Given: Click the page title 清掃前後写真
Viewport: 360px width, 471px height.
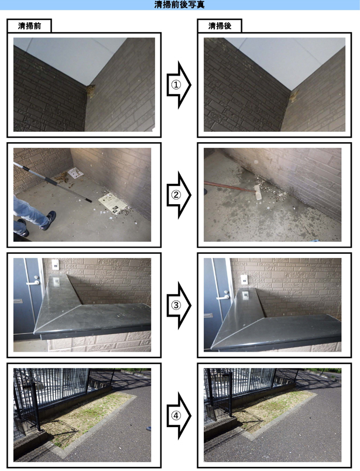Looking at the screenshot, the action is coord(179,5).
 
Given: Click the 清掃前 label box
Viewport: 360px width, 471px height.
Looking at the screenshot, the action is coord(29,26).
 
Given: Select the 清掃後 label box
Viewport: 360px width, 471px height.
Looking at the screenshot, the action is coord(220,26).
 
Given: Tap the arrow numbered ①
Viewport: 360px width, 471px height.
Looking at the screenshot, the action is coord(179,85).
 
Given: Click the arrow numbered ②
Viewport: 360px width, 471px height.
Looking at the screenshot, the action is coord(179,195).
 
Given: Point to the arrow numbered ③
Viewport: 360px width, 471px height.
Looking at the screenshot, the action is coord(179,305).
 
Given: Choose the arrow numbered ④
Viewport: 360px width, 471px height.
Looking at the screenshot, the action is coord(179,415).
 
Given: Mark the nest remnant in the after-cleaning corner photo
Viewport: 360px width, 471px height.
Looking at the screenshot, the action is coord(294,96).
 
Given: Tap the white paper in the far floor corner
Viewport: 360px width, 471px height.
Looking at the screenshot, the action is coord(76,173).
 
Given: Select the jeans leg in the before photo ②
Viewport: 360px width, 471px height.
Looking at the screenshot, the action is coord(29,210).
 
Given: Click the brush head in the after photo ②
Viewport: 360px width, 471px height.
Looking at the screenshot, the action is coord(258,192).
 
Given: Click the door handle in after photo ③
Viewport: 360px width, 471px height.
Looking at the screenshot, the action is coord(223,296).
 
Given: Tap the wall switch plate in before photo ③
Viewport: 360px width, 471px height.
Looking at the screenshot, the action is coord(55,264).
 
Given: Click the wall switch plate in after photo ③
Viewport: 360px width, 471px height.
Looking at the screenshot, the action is coord(245,279).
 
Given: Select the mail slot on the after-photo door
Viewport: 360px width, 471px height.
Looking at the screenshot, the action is coord(208,316).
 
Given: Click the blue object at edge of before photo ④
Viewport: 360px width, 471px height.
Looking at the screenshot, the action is coord(149,428).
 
